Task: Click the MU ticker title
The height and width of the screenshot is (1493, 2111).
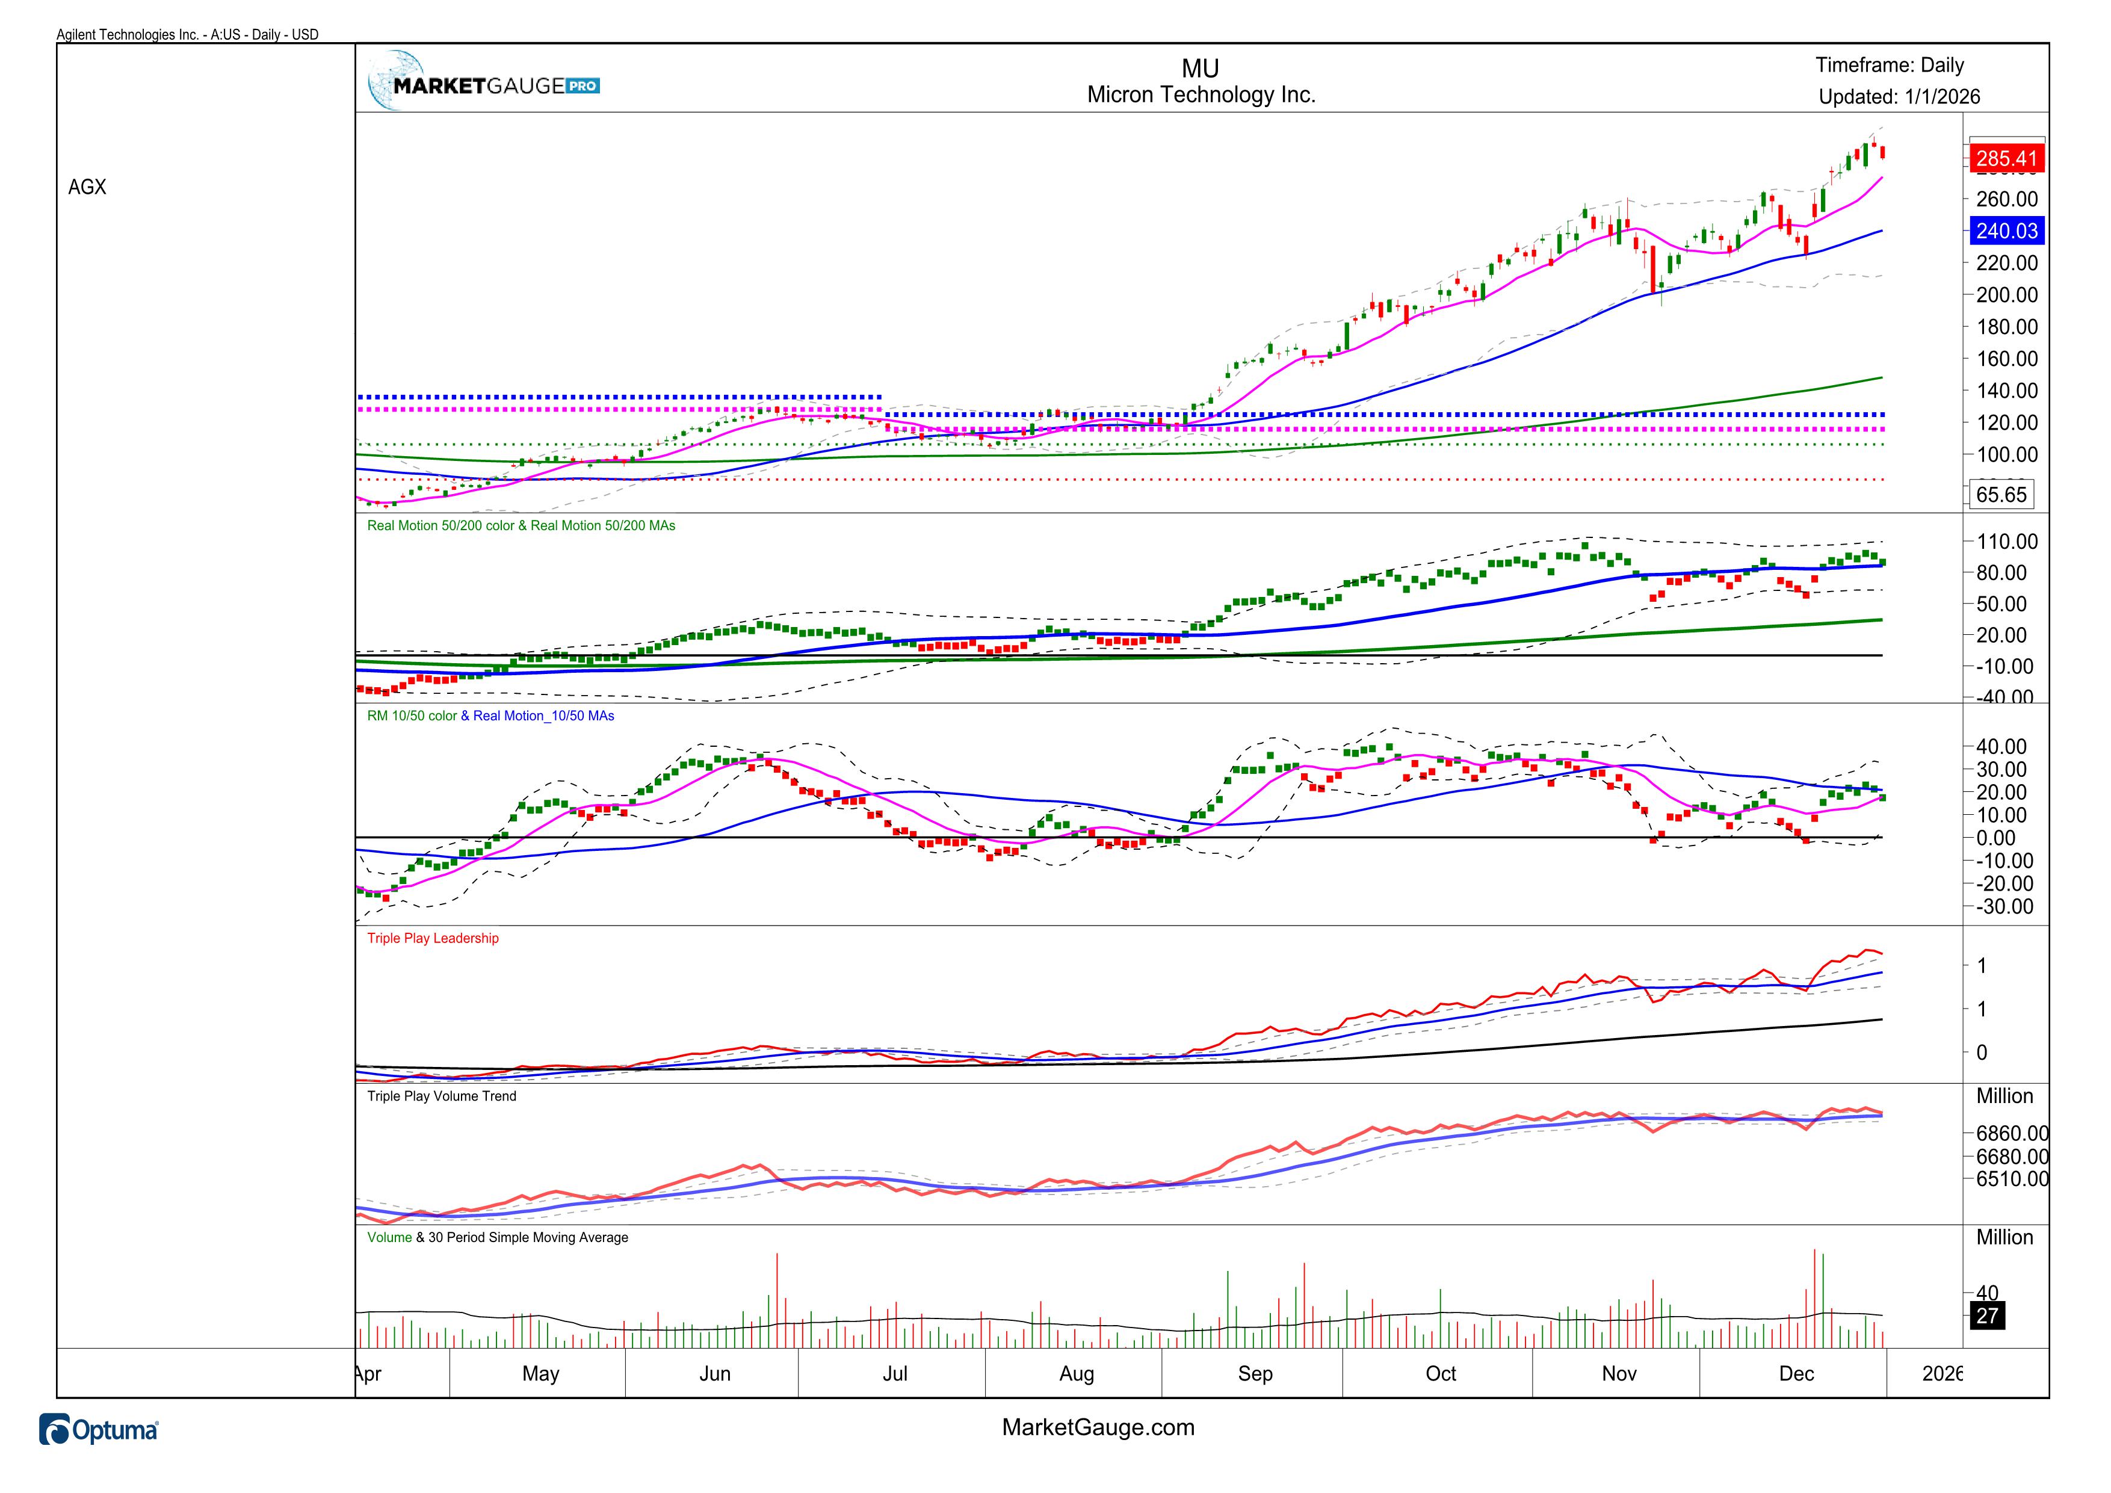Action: (1200, 69)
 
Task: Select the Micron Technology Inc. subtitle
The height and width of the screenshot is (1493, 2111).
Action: (1201, 94)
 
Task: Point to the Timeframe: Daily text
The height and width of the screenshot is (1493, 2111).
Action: (1890, 65)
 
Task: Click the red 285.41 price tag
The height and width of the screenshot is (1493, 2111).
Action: (2006, 158)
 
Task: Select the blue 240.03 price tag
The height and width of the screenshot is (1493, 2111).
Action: (2006, 230)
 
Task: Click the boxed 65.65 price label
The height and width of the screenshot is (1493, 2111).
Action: (2001, 495)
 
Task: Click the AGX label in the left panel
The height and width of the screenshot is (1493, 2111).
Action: (87, 187)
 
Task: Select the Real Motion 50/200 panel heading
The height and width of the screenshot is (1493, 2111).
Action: (521, 526)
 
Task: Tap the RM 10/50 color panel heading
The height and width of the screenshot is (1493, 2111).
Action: (490, 716)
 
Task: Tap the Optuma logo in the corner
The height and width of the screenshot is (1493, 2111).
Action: (98, 1430)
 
